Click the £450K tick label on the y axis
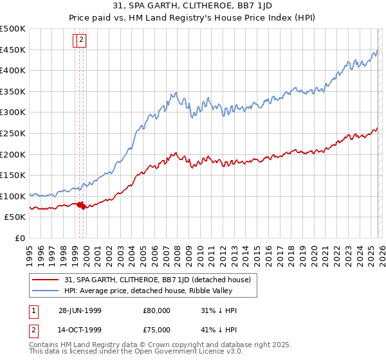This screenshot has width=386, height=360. pos(13,50)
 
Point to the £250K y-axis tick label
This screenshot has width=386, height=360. pos(13,133)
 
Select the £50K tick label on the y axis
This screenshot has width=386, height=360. pos(15,217)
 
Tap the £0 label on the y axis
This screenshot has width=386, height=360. pos(20,239)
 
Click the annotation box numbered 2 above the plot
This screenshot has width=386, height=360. pos(83,40)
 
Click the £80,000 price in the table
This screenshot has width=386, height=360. pos(156,310)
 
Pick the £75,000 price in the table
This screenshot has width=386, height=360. pos(156,330)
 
